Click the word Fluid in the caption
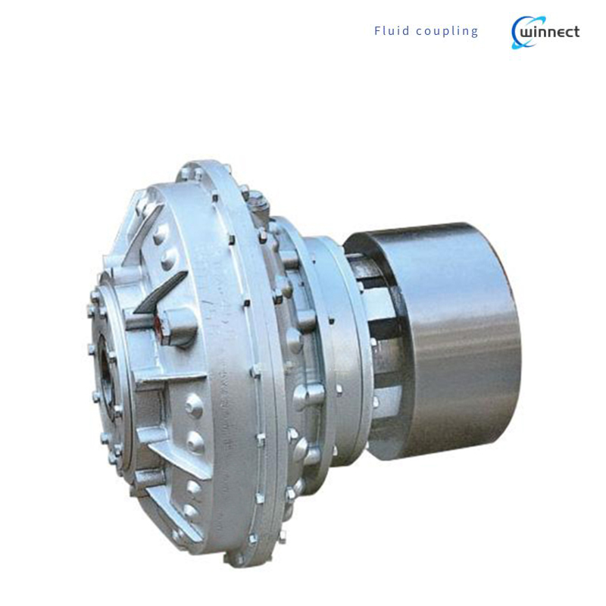pyautogui.click(x=392, y=31)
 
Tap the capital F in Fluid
pyautogui.click(x=377, y=31)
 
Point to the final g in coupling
pyautogui.click(x=475, y=33)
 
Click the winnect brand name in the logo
pyautogui.click(x=549, y=32)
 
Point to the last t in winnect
pyautogui.click(x=576, y=32)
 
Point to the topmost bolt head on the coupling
pyautogui.click(x=255, y=199)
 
